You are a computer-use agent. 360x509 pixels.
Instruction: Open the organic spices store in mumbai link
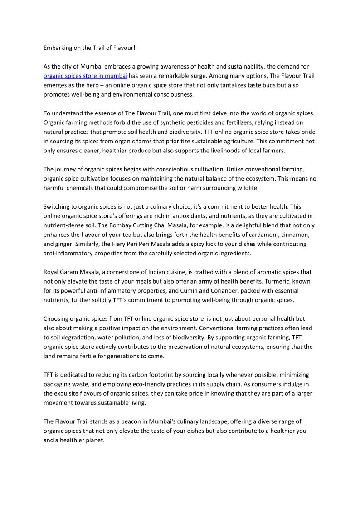[85, 76]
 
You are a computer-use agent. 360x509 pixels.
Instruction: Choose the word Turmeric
[277, 281]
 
